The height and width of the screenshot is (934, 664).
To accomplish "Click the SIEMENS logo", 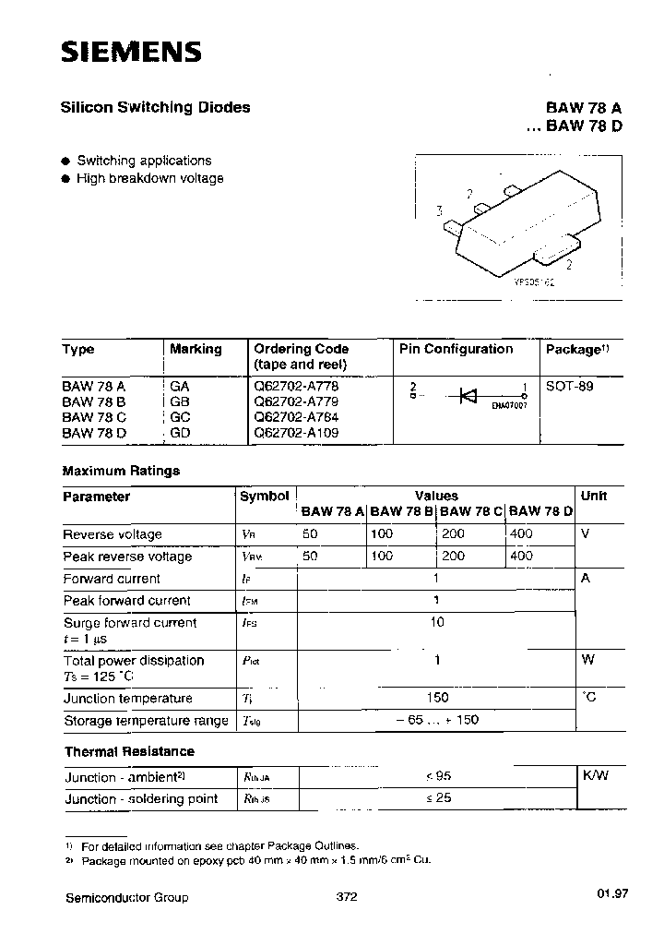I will tap(131, 53).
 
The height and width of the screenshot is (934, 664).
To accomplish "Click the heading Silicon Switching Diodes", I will tap(156, 107).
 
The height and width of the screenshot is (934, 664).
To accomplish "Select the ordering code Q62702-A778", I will tap(289, 387).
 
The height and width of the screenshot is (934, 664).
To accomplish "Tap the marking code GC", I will tap(180, 416).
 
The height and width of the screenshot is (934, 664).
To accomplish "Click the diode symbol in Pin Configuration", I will tap(468, 395).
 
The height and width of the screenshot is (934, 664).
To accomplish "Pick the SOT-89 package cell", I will tap(569, 387).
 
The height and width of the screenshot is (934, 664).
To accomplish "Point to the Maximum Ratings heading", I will tap(121, 471).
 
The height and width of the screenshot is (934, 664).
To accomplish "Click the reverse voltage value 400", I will tap(521, 534).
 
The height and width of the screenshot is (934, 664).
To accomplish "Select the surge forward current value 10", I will tap(437, 622).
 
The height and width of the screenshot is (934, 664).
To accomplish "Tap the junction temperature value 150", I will tap(437, 699).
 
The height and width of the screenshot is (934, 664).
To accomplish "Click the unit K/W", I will tap(595, 776).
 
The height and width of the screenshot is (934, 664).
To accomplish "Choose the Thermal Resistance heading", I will tap(129, 751).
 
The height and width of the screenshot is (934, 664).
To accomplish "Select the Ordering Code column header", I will tap(301, 349).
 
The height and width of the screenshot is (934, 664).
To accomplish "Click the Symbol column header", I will tap(264, 497).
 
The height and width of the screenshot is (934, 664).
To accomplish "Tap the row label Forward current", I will tap(112, 579).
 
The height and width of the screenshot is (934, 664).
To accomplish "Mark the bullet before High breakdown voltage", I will tap(66, 179).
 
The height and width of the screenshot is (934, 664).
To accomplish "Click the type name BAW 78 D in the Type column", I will tap(94, 432).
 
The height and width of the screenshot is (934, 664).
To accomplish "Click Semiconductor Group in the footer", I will tap(127, 897).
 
